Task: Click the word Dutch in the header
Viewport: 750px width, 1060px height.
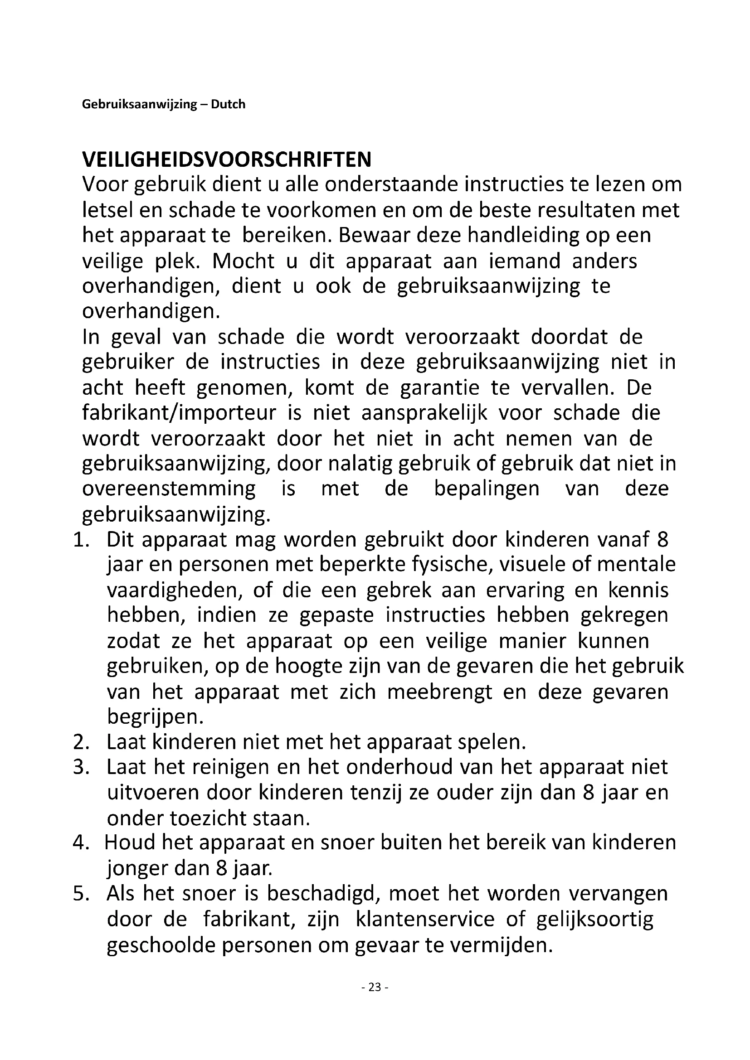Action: point(228,104)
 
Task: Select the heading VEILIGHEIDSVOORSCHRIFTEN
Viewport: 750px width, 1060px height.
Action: point(226,160)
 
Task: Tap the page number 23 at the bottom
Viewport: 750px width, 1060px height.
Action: point(375,987)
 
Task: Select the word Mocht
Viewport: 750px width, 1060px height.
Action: point(244,261)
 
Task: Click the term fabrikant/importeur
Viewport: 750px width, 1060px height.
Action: point(179,412)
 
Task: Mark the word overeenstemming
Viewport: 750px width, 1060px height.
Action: point(169,489)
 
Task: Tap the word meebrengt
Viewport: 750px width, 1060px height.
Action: point(440,692)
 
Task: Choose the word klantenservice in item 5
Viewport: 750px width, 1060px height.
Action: point(425,919)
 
